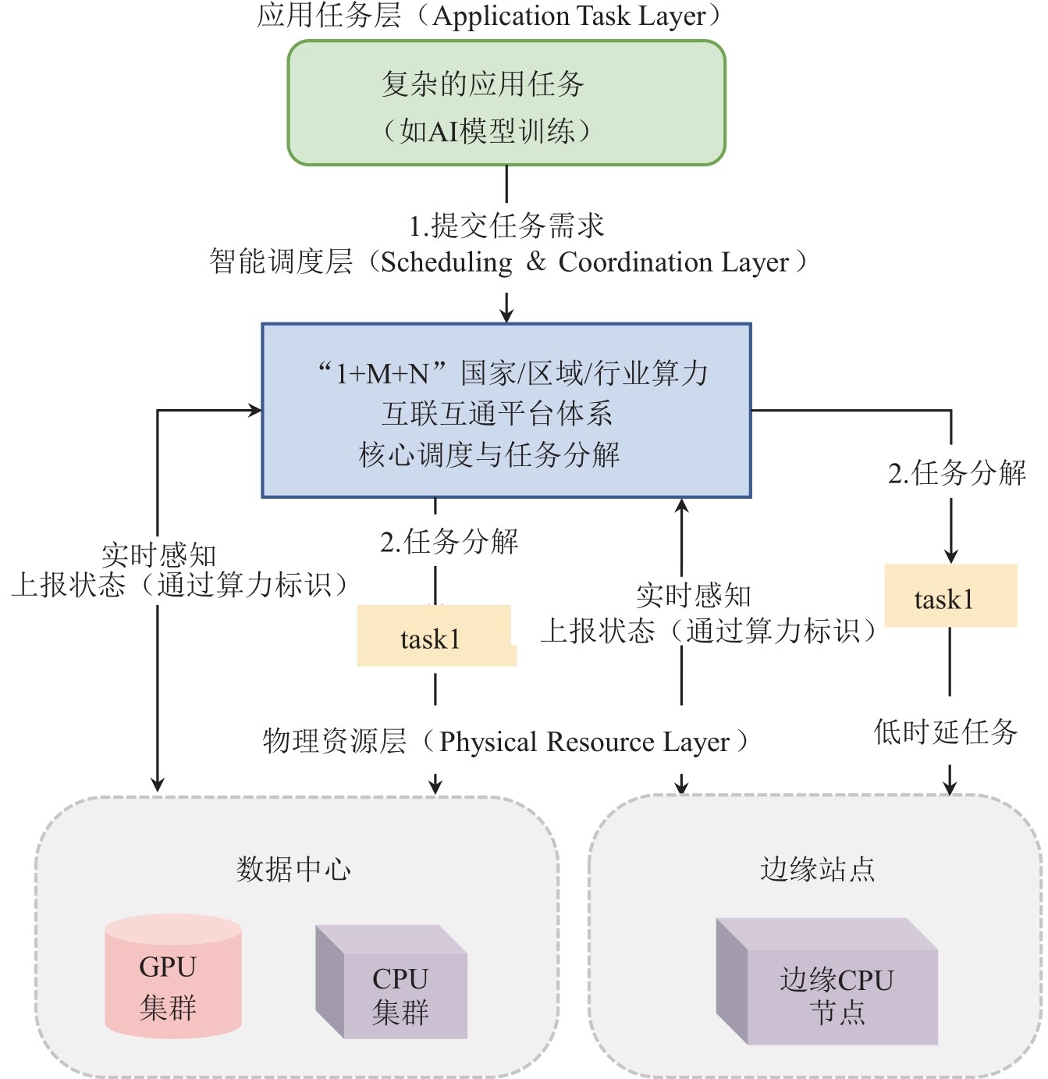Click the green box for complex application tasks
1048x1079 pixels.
point(506,103)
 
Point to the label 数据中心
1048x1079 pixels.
point(294,869)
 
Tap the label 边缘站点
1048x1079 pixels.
point(818,869)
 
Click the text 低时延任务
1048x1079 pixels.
point(946,732)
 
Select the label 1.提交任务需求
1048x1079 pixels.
point(506,226)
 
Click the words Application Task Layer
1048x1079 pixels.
point(569,16)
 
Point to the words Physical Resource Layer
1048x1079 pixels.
point(584,742)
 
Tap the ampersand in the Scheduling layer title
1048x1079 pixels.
point(536,262)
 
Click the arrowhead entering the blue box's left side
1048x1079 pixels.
point(255,410)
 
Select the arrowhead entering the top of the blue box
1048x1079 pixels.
point(506,315)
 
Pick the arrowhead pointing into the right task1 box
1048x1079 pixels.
point(950,557)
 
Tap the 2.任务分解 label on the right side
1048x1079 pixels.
point(957,473)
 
